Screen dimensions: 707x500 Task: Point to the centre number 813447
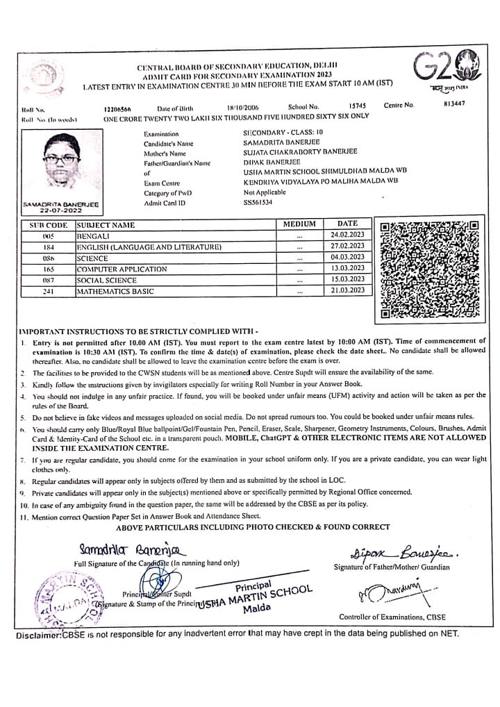coord(453,104)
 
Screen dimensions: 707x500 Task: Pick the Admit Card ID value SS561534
coord(258,202)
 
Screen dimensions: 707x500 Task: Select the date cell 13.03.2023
coord(347,268)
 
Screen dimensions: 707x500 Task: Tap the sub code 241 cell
coord(49,291)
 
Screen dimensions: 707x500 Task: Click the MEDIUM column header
coord(299,224)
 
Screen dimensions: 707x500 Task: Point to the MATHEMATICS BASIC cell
coord(115,291)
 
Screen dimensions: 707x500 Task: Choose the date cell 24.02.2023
coord(347,235)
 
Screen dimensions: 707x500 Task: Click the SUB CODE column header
coord(49,225)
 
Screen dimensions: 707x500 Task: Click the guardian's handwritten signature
coord(395,554)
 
